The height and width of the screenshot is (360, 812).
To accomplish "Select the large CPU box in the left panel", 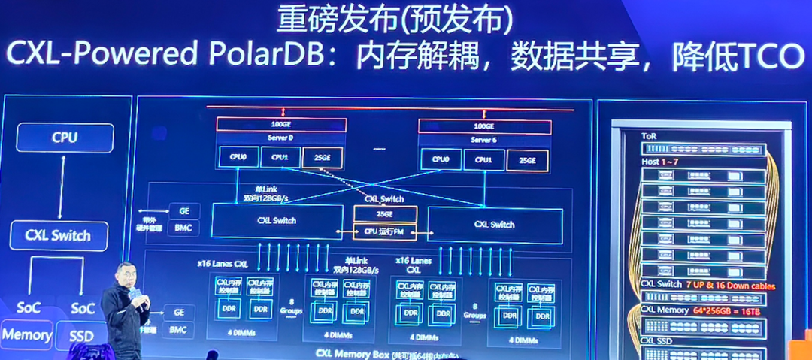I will tap(65, 138).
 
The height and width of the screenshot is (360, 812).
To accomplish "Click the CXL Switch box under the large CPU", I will tap(59, 235).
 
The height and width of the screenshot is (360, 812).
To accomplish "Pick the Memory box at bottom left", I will tap(27, 334).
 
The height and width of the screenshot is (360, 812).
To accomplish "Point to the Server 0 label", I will tap(281, 138).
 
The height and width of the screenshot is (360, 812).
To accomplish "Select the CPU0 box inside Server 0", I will tap(238, 157).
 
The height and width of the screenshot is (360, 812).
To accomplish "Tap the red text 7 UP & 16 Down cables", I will tap(729, 285).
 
